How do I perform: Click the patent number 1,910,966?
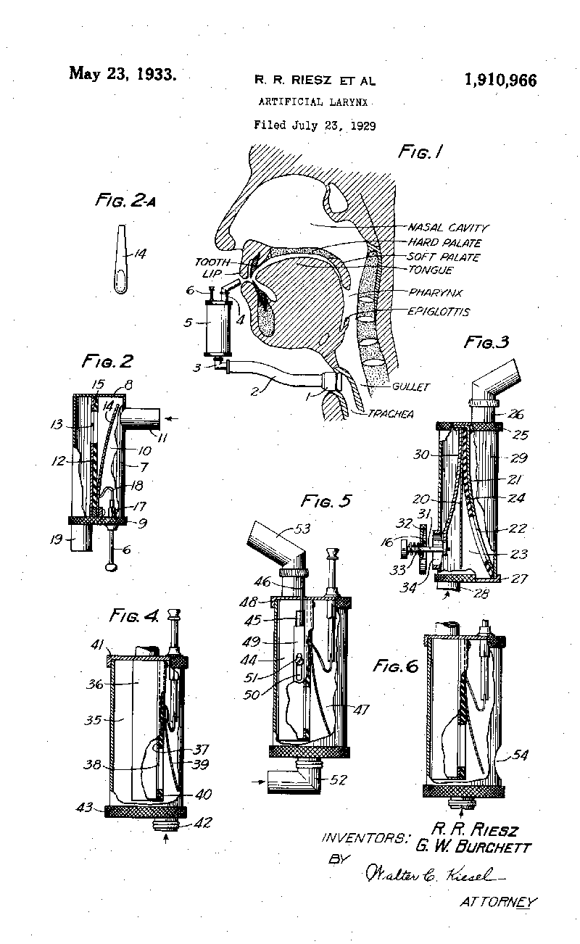500,80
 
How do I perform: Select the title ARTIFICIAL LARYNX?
314,102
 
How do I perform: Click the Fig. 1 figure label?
420,152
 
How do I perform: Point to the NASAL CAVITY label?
448,228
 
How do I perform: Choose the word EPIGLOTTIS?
439,312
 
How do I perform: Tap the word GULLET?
411,387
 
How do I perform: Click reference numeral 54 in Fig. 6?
521,755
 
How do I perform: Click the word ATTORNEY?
499,903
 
